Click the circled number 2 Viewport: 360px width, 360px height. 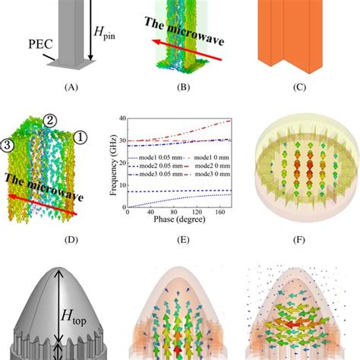49,119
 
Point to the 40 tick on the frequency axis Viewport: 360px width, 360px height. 123,118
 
